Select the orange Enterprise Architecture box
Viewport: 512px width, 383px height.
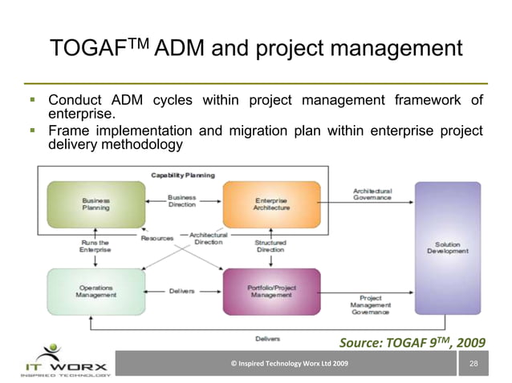point(271,204)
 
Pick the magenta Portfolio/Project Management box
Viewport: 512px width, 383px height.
point(271,291)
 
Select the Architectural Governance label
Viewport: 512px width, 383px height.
point(372,194)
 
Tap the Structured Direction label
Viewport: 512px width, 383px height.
point(270,245)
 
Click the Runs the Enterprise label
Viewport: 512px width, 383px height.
point(95,245)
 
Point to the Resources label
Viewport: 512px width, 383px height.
point(156,239)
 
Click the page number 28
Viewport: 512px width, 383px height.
point(473,365)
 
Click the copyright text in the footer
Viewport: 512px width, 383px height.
point(289,365)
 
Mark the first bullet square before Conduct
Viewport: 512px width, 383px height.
point(34,101)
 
